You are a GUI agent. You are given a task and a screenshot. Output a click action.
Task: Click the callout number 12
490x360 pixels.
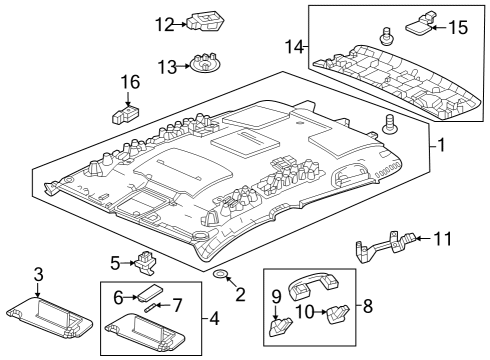coord(165,24)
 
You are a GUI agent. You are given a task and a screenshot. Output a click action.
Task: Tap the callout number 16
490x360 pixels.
coord(130,82)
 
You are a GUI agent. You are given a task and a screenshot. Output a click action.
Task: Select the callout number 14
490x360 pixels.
coord(295,47)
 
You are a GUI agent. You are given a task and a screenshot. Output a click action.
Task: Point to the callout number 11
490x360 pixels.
coord(443,239)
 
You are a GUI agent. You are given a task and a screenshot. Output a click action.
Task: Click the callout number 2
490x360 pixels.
coord(240,294)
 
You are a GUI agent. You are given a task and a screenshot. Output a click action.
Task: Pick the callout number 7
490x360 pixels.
coord(177,305)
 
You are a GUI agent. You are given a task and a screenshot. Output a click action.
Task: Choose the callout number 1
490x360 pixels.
coord(441,145)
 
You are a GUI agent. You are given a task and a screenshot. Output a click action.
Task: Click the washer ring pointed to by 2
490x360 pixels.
coord(220,274)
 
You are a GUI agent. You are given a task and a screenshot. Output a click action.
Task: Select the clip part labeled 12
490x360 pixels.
coord(205,21)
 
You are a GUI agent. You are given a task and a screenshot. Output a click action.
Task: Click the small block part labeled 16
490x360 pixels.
coord(125,114)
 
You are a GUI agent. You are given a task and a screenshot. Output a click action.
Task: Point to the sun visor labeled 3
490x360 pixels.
coord(50,319)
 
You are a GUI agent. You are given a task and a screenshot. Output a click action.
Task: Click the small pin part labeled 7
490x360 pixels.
coord(149,307)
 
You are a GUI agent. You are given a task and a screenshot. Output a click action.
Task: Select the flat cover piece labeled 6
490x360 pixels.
coord(150,292)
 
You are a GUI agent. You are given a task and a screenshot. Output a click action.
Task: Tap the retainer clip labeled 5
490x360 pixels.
coord(145,263)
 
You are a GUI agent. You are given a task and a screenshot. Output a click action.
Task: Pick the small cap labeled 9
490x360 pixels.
coord(280,327)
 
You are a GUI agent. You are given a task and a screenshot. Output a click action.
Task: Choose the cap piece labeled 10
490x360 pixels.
coord(338,314)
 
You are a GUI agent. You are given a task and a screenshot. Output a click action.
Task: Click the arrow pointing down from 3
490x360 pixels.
coord(38,289)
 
